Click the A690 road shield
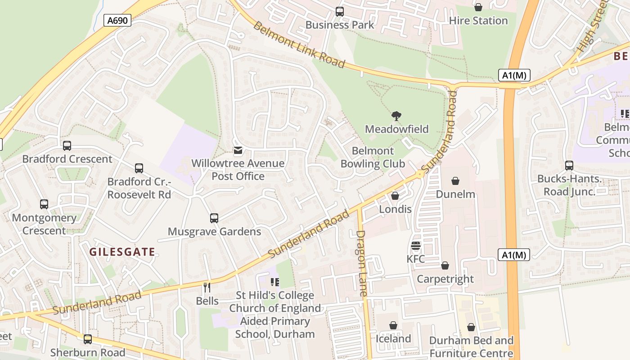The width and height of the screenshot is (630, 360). pos(117,20)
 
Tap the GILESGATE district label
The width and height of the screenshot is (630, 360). pos(122,252)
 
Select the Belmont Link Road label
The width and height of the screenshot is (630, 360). pos(299,44)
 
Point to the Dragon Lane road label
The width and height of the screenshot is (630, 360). pos(362,263)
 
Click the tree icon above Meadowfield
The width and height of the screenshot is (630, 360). pos(396,116)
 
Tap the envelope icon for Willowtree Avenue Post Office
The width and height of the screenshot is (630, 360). pos(238,150)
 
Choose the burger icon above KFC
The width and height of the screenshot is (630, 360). pos(415,246)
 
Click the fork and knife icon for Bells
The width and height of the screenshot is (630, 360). pos(207,287)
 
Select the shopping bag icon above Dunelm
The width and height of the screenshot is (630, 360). pos(455,181)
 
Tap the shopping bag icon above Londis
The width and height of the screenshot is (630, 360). pos(395,196)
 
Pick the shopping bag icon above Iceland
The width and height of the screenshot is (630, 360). pos(393,325)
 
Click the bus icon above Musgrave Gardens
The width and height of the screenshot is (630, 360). pos(214,218)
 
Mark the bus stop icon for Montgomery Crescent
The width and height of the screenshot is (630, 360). pos(44,204)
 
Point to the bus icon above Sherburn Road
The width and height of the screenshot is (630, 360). pos(88,339)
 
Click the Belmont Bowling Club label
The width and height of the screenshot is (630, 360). pos(373,157)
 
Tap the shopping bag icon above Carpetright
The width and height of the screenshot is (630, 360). pos(445,265)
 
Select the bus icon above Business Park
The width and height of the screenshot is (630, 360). pos(340,12)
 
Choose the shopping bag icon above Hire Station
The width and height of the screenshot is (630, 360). pos(478,7)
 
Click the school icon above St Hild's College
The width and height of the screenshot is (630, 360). pos(274,282)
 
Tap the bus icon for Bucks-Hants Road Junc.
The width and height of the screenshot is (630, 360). pos(569,166)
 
